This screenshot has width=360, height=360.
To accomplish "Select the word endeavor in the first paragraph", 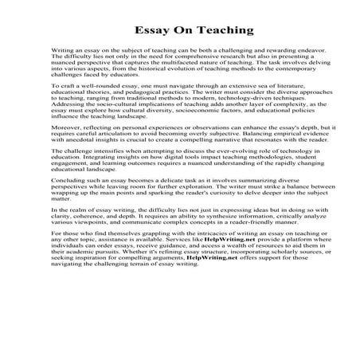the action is [284, 50].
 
